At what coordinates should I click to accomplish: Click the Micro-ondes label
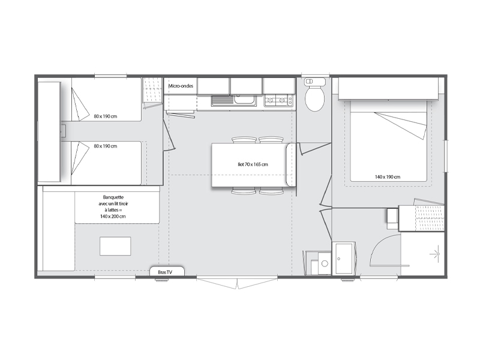[181, 86]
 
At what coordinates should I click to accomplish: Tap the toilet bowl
[314, 98]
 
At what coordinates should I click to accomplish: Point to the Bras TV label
[166, 272]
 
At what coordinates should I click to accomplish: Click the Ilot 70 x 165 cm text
[253, 164]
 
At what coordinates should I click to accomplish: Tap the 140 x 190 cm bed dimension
[388, 176]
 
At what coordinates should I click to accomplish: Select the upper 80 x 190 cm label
[106, 116]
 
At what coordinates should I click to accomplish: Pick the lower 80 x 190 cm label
[106, 146]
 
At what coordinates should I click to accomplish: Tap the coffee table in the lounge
[115, 246]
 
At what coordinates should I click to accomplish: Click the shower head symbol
[436, 254]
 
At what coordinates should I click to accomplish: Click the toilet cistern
[314, 82]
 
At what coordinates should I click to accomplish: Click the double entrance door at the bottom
[237, 282]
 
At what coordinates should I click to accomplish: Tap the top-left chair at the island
[244, 140]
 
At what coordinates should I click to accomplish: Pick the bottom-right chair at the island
[271, 191]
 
